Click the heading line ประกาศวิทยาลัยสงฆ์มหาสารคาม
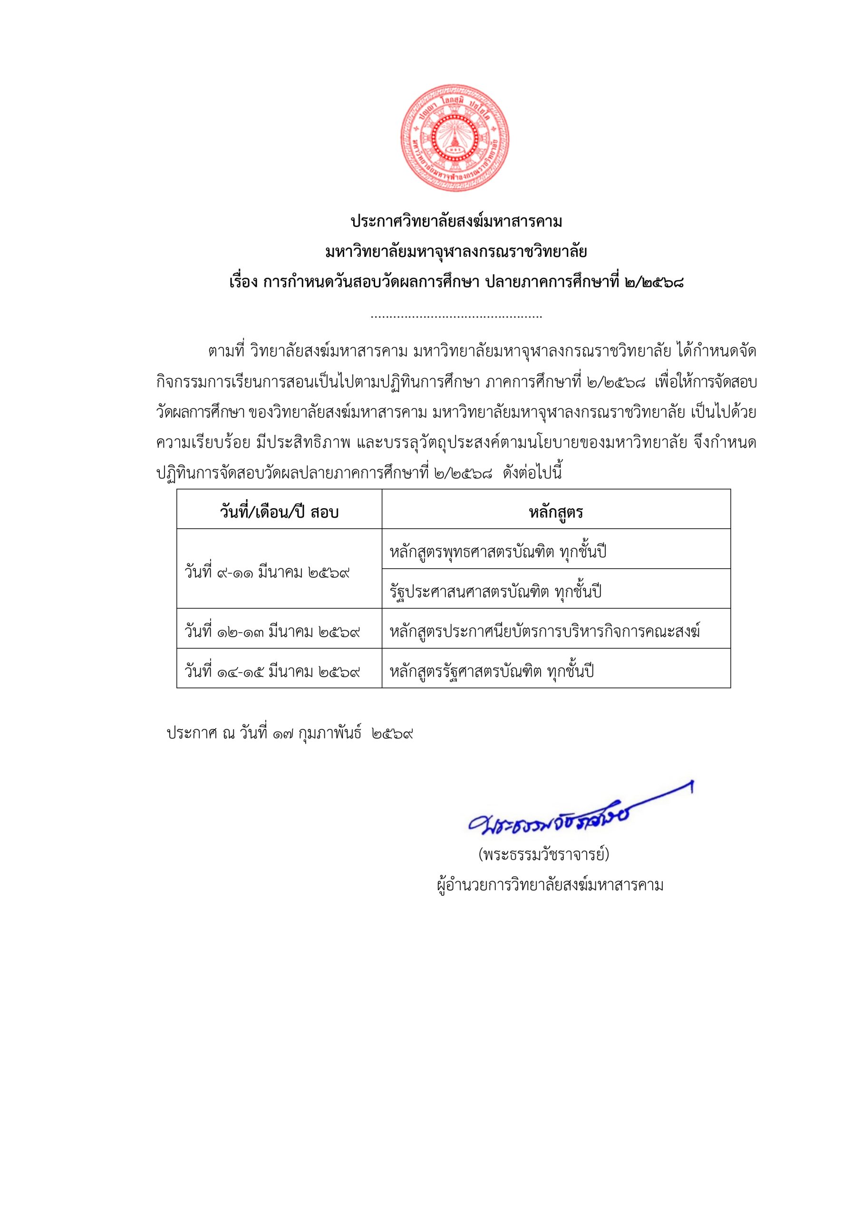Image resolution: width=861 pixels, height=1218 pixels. click(456, 221)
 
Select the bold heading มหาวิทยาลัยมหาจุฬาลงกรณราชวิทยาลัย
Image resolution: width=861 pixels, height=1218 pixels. click(456, 252)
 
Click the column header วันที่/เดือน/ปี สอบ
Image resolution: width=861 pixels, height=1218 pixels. click(279, 512)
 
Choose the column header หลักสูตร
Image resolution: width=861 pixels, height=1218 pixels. click(556, 512)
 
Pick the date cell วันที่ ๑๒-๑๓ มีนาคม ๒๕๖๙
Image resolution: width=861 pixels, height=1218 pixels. click(272, 631)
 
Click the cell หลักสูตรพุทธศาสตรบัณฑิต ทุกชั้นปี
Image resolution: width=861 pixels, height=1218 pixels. click(498, 552)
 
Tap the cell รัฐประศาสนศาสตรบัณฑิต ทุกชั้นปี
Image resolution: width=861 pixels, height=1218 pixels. click(496, 591)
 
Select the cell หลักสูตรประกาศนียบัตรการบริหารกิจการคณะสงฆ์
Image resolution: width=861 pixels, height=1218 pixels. click(545, 631)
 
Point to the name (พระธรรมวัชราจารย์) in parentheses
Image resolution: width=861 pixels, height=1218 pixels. click(544, 855)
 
